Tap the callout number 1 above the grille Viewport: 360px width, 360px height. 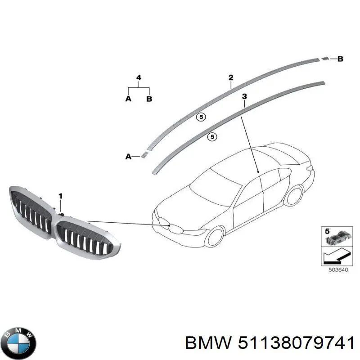point(60,196)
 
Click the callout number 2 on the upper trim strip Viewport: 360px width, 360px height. point(231,77)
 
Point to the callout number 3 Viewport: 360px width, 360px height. point(244,96)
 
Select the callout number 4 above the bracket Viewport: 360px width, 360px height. point(139,77)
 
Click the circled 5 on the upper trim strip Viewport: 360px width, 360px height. point(201,117)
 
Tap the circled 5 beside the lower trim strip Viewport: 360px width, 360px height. point(212,137)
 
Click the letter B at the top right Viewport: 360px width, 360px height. point(340,59)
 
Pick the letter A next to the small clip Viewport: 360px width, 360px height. point(128,157)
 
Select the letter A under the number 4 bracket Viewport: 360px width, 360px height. point(128,99)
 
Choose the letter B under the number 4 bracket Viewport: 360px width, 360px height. point(149,99)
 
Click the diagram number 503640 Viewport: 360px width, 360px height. point(338,270)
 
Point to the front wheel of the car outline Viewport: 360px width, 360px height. point(215,237)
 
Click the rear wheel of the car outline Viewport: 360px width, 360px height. point(294,195)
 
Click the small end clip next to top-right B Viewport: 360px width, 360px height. point(325,59)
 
